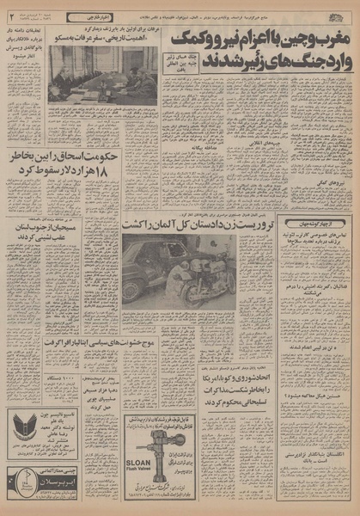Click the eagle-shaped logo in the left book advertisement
pos(23,428)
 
